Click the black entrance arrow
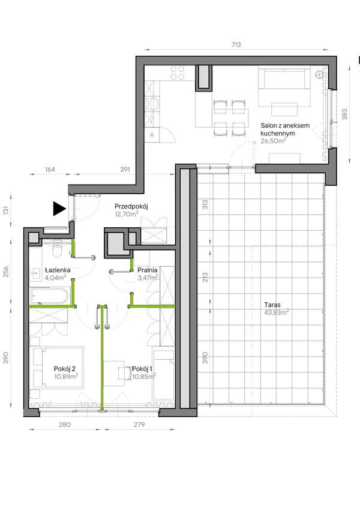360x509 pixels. tap(59, 209)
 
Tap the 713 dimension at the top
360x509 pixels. tap(236, 44)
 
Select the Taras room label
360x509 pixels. tap(272, 305)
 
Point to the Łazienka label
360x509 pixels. tap(58, 270)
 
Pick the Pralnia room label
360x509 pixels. tap(147, 270)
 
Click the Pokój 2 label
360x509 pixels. tap(65, 369)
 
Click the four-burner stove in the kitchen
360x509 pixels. tap(178, 73)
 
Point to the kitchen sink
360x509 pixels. tap(152, 104)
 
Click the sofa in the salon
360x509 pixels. tap(284, 78)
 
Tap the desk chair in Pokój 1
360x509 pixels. tap(124, 373)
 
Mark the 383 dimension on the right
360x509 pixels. tap(345, 115)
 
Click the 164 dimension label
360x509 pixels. tap(50, 170)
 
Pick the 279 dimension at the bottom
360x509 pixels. tap(139, 424)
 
